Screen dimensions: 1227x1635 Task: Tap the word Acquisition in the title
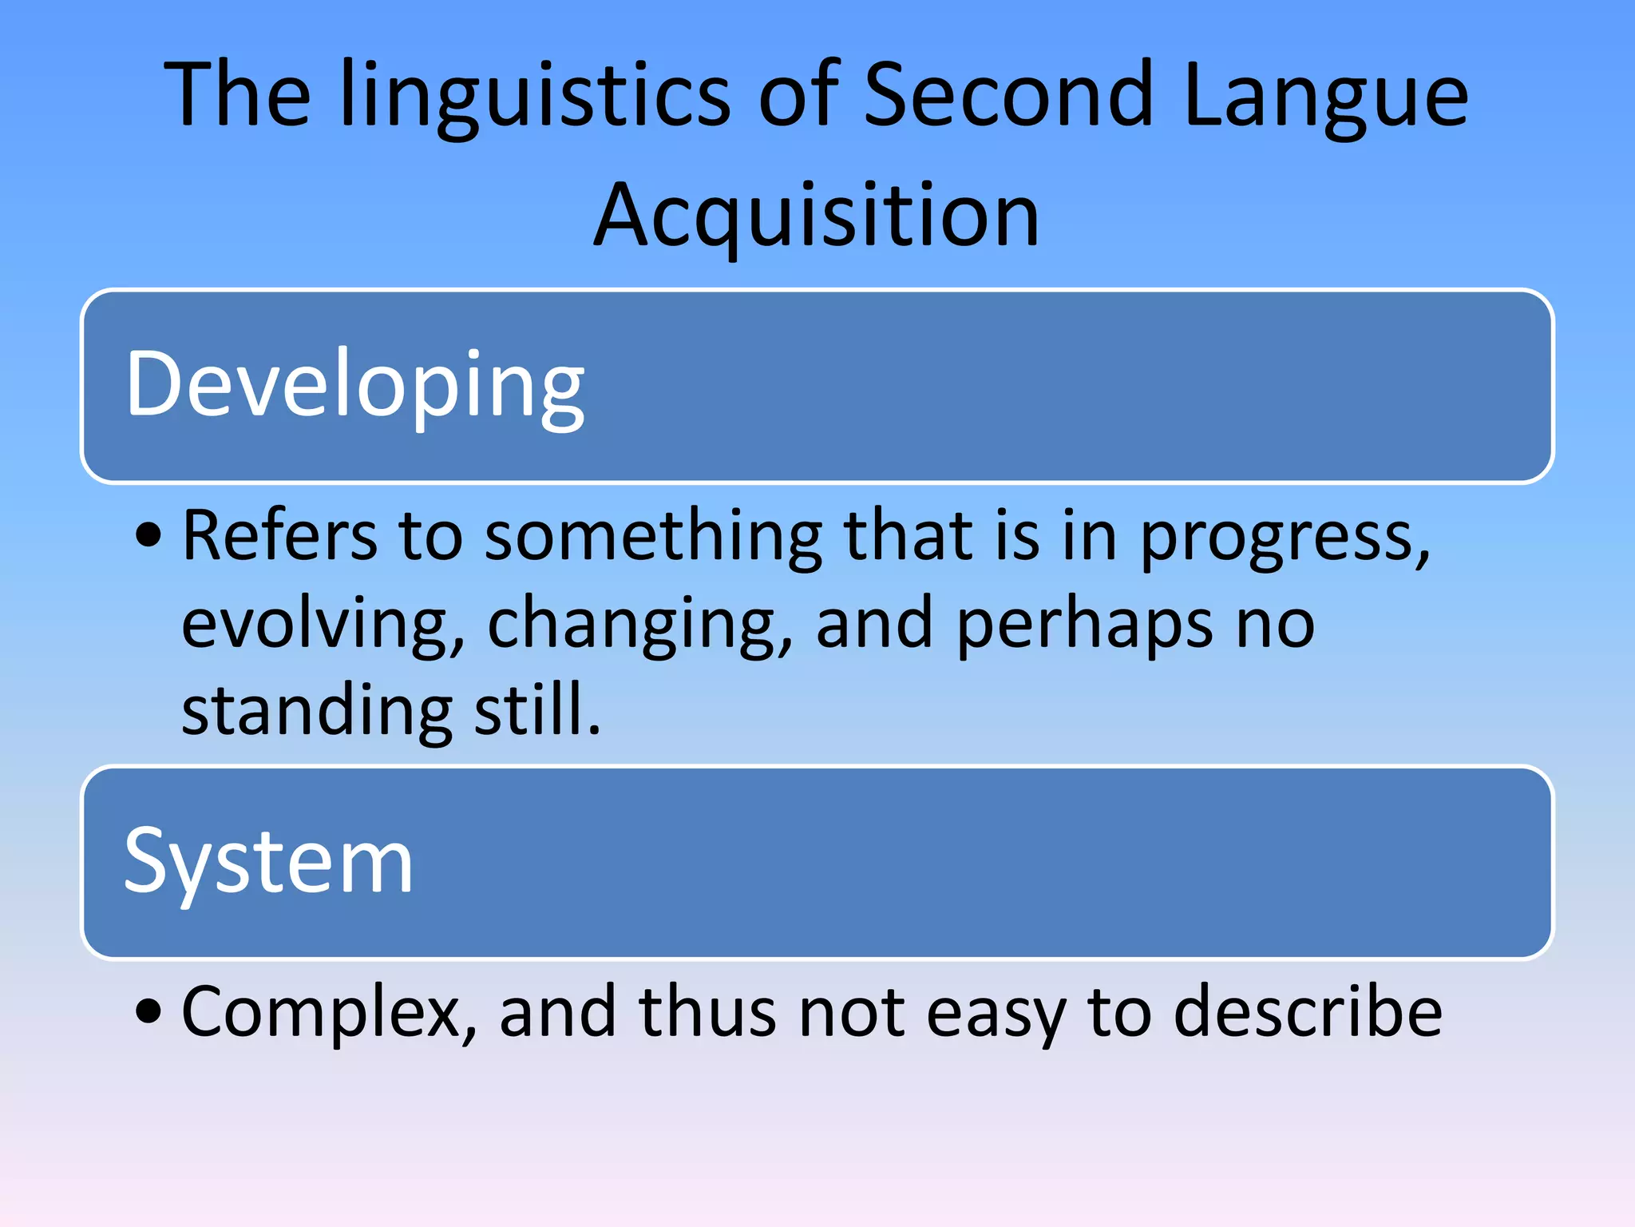pyautogui.click(x=817, y=216)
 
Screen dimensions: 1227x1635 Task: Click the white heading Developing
pyautogui.click(x=355, y=385)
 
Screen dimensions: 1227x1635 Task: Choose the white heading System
pyautogui.click(x=268, y=863)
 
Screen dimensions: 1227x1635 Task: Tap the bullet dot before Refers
pyautogui.click(x=148, y=535)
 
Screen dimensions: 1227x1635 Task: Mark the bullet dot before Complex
pyautogui.click(x=148, y=1011)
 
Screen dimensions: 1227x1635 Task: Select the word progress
pyautogui.click(x=1284, y=537)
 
